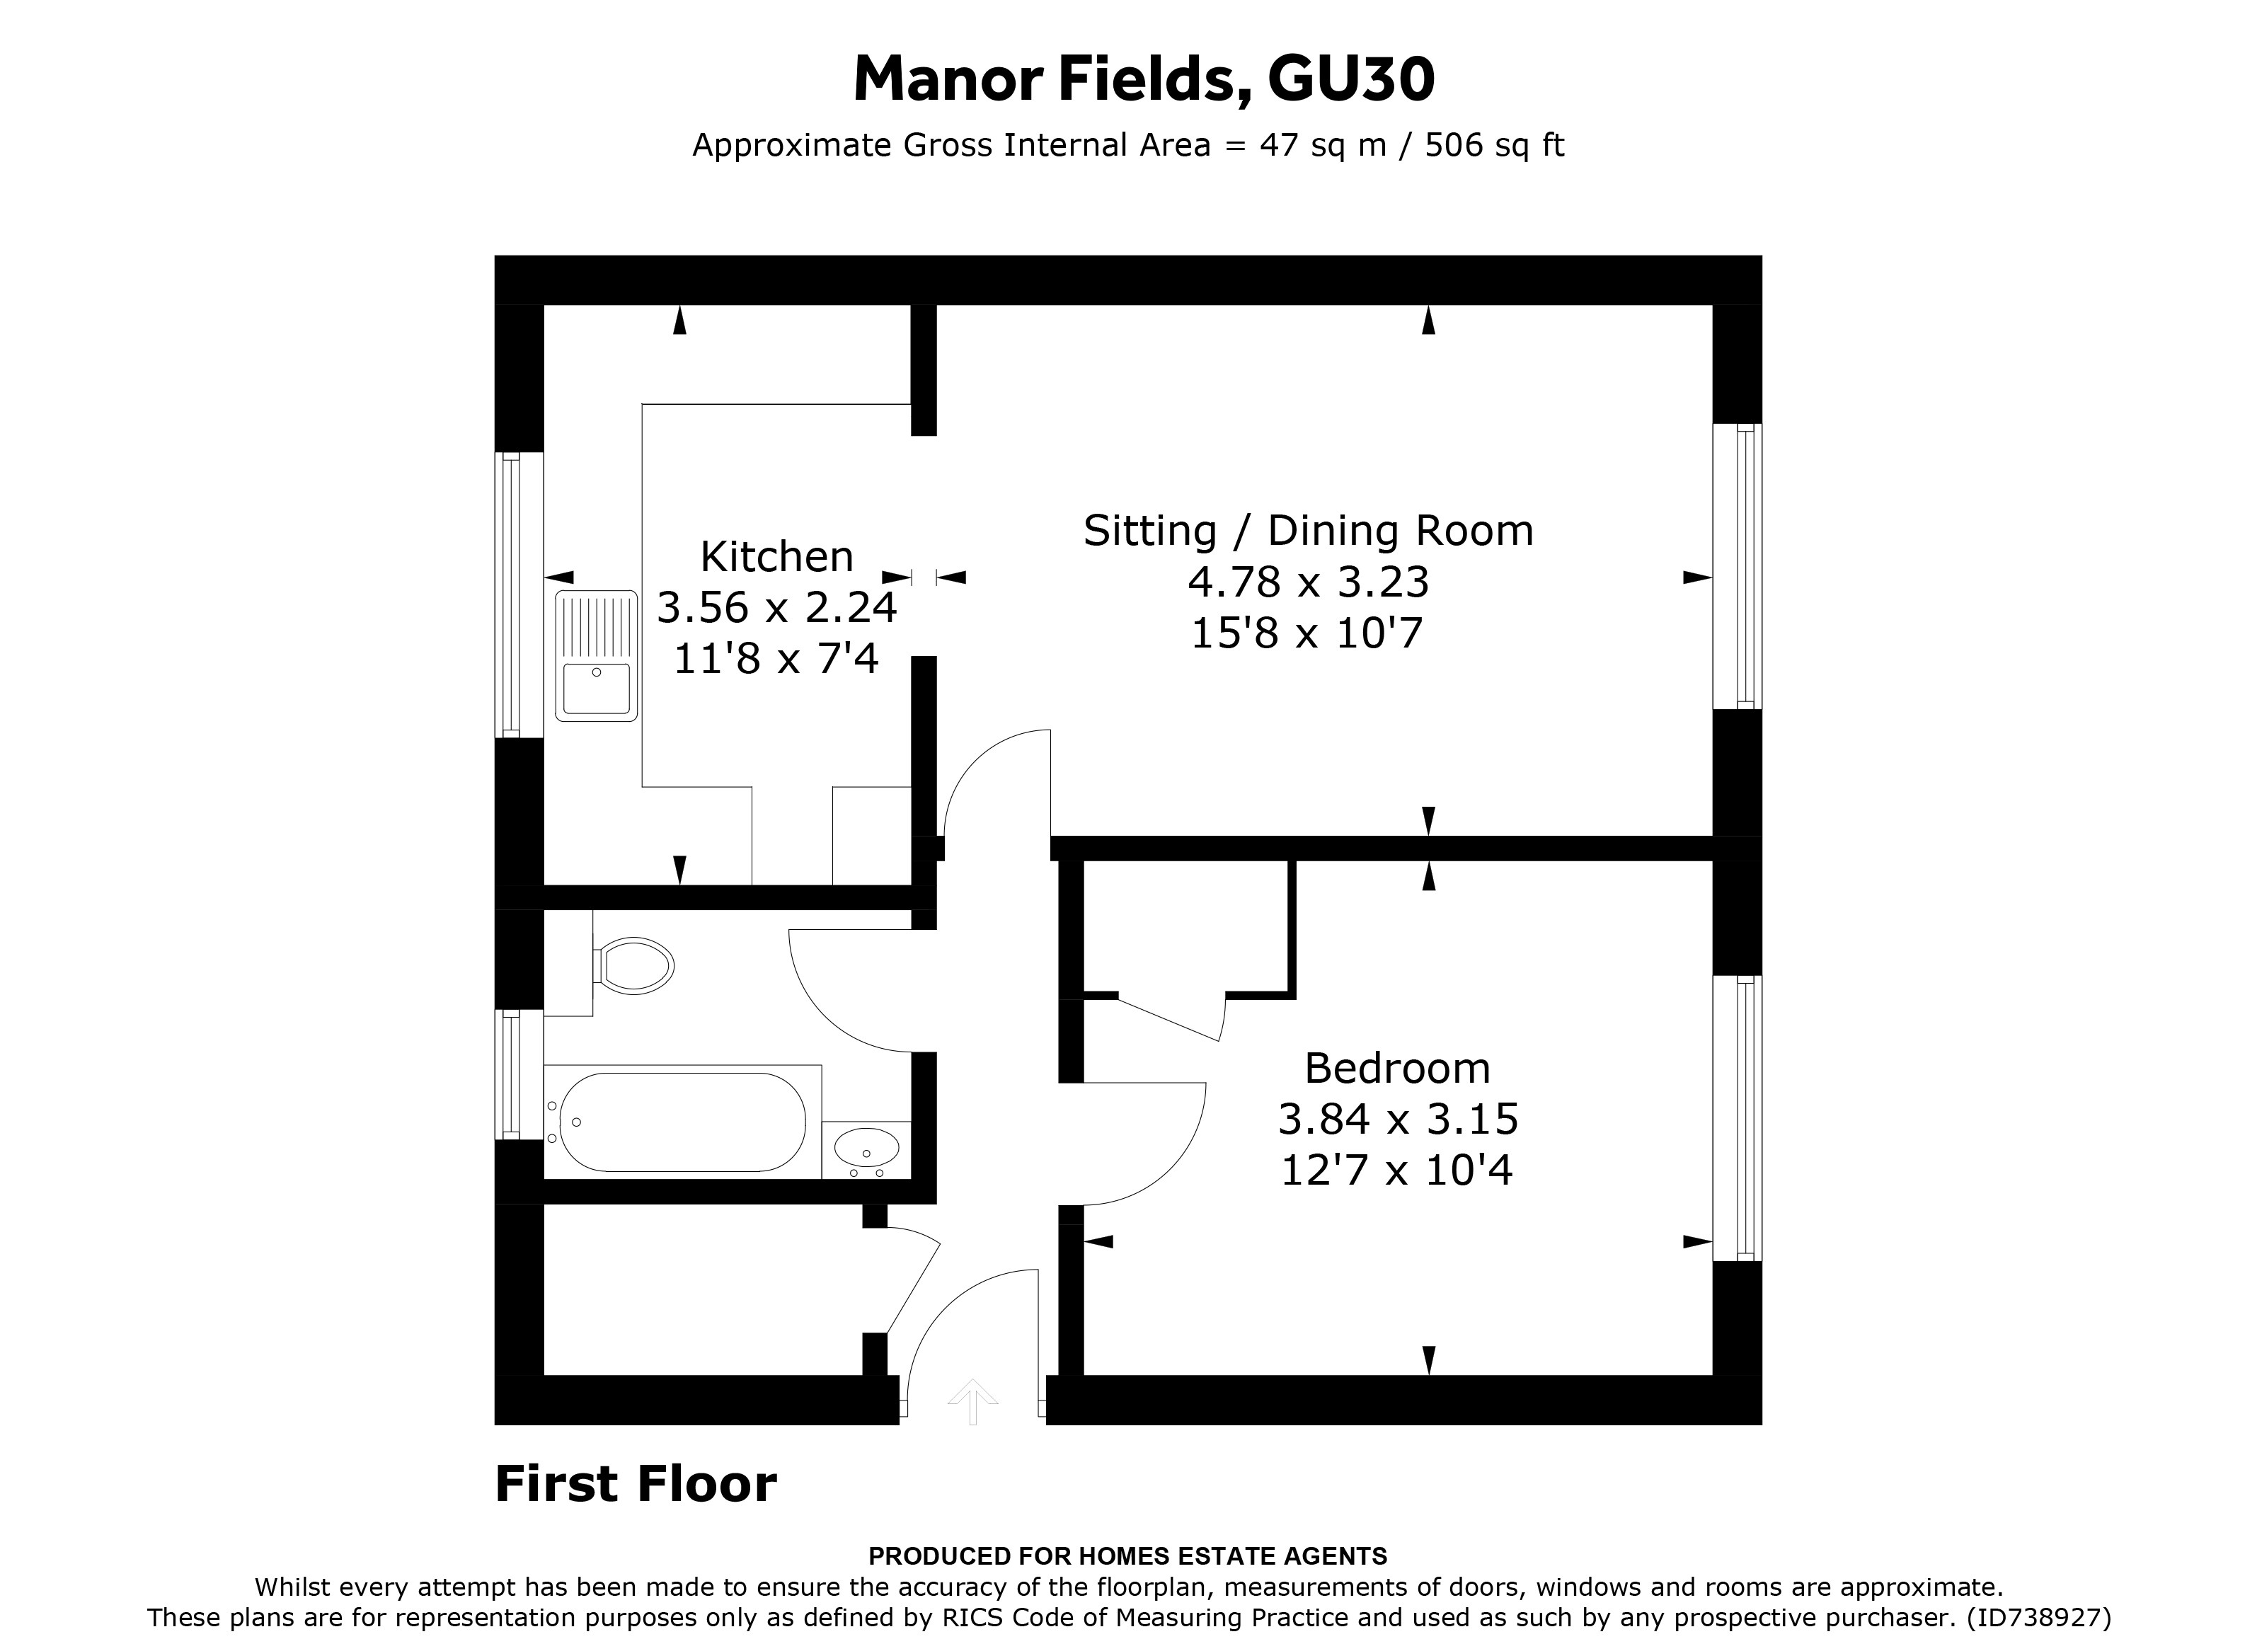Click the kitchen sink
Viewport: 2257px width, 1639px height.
596,656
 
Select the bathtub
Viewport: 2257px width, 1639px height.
683,1122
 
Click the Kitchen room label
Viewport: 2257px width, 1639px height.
776,556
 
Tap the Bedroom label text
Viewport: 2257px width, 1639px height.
1396,1069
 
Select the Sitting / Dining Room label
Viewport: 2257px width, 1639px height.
1308,531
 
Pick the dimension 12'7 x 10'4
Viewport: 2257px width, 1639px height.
1396,1171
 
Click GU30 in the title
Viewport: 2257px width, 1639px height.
1350,79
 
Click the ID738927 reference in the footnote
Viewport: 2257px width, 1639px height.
2038,1617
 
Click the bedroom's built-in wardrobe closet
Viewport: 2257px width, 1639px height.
1186,928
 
